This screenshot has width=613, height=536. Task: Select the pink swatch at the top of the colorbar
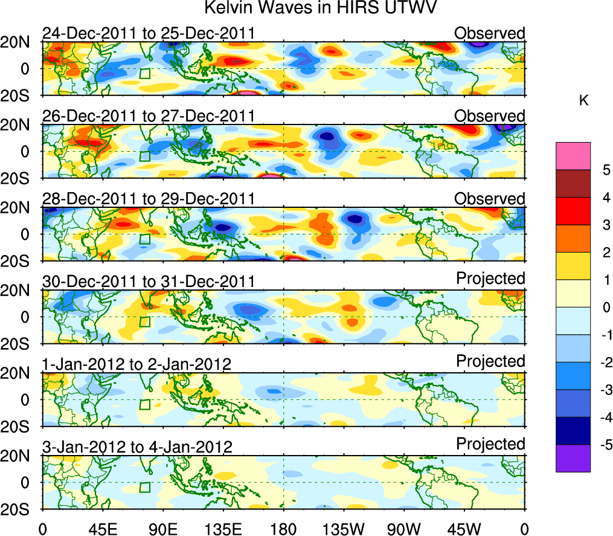click(573, 156)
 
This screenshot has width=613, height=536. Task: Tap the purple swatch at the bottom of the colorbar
click(573, 458)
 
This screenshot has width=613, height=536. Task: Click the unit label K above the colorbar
click(583, 101)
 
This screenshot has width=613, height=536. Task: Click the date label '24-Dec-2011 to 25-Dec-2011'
click(148, 33)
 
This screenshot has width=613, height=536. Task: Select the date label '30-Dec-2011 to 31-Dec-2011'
click(148, 281)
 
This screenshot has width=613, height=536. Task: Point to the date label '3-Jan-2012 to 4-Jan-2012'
click(137, 447)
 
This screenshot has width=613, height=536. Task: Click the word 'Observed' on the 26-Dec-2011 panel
click(489, 115)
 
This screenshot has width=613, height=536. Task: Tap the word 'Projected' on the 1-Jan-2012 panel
click(490, 361)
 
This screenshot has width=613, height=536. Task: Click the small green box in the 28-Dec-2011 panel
click(144, 239)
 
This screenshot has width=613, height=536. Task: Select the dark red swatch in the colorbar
click(573, 184)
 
